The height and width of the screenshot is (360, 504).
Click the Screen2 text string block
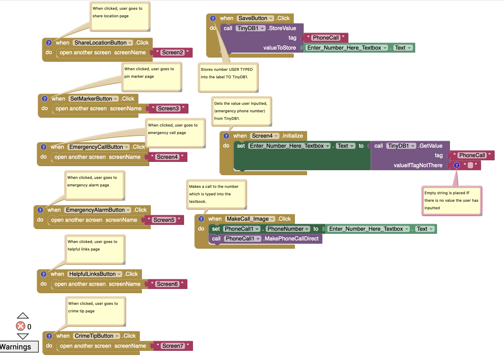[172, 53]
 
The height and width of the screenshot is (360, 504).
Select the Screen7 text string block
[173, 346]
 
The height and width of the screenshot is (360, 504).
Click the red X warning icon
[21, 326]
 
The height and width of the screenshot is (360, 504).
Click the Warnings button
[17, 347]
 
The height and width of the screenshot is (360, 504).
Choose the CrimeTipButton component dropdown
[97, 336]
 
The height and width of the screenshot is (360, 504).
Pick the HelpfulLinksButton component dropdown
[95, 274]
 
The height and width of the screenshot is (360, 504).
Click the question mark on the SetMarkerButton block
[45, 99]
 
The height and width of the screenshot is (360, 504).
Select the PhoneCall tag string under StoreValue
[326, 38]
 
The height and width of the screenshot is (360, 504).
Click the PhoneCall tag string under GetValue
[472, 155]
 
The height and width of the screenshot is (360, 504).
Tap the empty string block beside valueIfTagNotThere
[470, 166]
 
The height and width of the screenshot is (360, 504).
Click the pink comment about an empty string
[451, 201]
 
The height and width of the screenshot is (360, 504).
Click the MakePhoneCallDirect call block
[291, 239]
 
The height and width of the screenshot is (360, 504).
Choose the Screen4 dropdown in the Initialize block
[264, 136]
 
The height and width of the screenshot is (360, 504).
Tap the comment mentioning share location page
[120, 16]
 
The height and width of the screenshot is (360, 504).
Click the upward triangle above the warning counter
[23, 316]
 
